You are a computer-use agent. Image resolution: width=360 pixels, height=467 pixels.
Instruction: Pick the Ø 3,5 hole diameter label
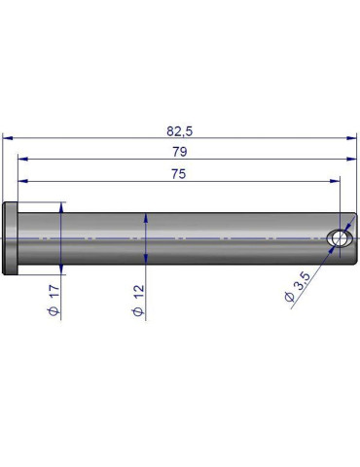pyautogui.click(x=298, y=289)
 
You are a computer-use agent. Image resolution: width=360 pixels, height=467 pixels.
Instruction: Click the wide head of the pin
pyautogui.click(x=11, y=238)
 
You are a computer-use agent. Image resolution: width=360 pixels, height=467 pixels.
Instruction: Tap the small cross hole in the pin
pyautogui.click(x=339, y=239)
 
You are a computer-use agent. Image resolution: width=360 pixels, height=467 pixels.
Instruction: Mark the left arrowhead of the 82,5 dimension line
pyautogui.click(x=8, y=138)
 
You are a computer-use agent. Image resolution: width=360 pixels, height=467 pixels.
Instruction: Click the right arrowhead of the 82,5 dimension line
pyautogui.click(x=352, y=138)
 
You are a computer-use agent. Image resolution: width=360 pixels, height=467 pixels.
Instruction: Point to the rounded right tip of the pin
pyautogui.click(x=352, y=239)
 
